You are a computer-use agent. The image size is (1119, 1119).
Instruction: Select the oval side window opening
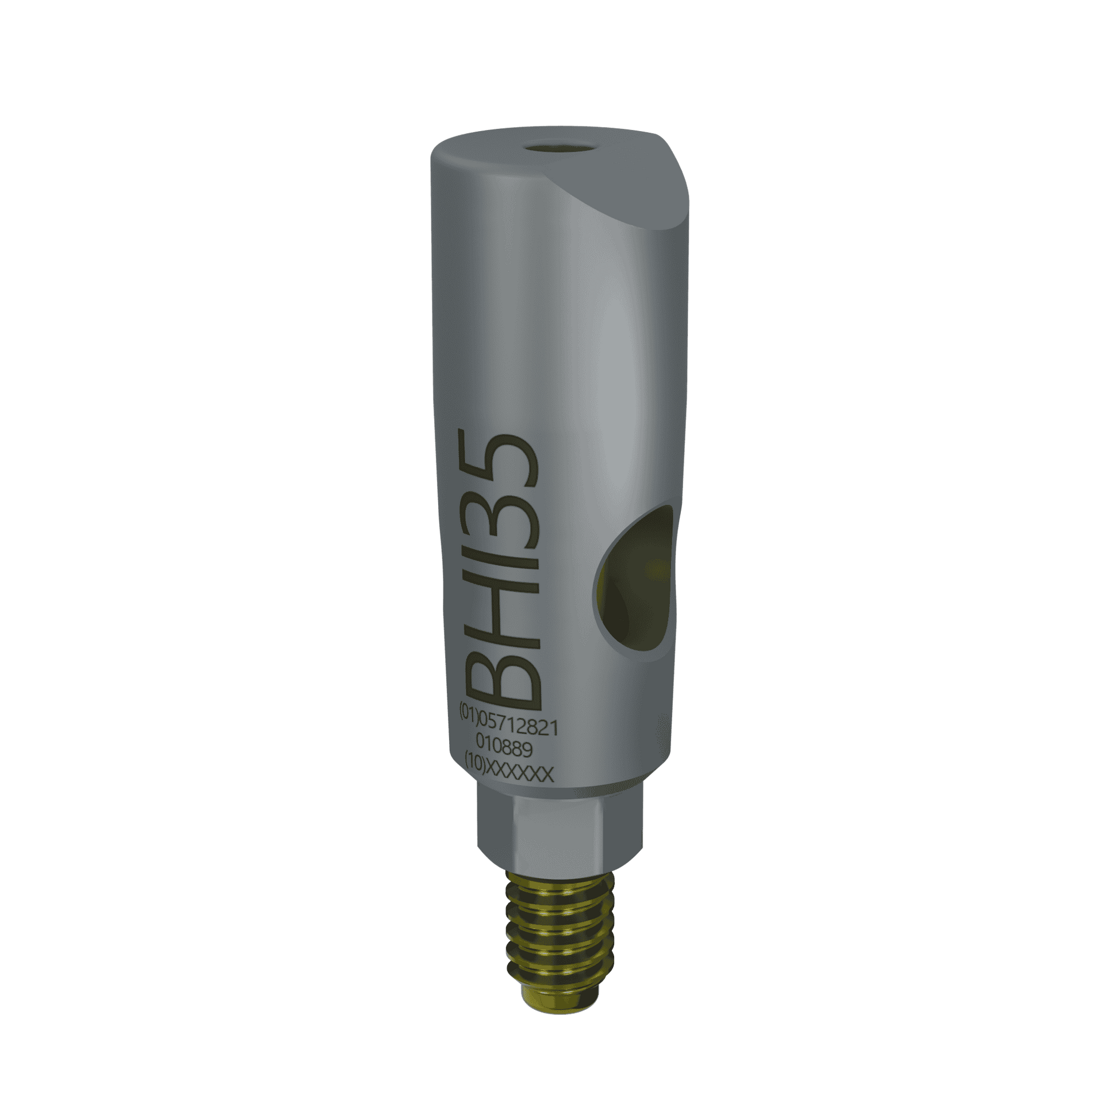click(x=634, y=585)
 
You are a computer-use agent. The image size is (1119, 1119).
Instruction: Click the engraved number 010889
click(x=504, y=751)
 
